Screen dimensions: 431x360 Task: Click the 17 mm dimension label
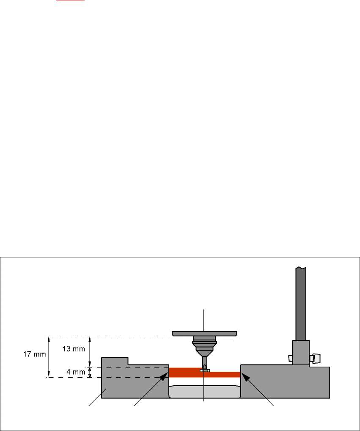pos(34,354)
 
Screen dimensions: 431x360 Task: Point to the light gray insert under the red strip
pos(204,392)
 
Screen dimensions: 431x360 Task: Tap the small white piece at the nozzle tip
pos(205,370)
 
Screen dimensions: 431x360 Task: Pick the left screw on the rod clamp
pos(290,358)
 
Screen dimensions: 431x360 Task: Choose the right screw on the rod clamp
pos(315,358)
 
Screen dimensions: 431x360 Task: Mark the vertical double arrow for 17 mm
pos(49,356)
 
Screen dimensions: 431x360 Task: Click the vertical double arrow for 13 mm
pos(89,351)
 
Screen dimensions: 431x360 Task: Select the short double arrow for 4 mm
pos(89,372)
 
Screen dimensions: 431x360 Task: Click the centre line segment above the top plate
pos(204,320)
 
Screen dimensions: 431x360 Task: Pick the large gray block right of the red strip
pos(283,383)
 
